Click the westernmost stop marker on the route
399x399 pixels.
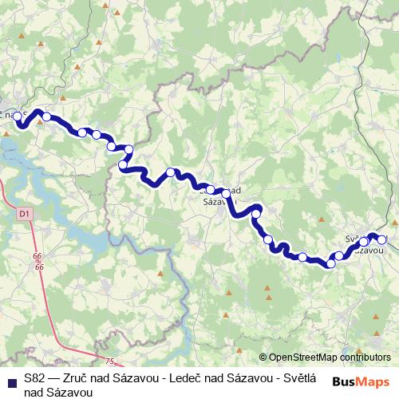pyautogui.click(x=17, y=116)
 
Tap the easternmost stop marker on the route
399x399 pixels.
pyautogui.click(x=381, y=239)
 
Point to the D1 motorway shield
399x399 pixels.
pyautogui.click(x=24, y=213)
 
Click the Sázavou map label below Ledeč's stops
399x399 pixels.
pyautogui.click(x=215, y=202)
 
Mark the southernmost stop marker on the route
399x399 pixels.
pyautogui.click(x=331, y=263)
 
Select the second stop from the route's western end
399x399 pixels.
pyautogui.click(x=47, y=117)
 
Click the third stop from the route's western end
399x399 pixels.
pyautogui.click(x=82, y=132)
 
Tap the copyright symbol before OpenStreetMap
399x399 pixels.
pyautogui.click(x=263, y=358)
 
